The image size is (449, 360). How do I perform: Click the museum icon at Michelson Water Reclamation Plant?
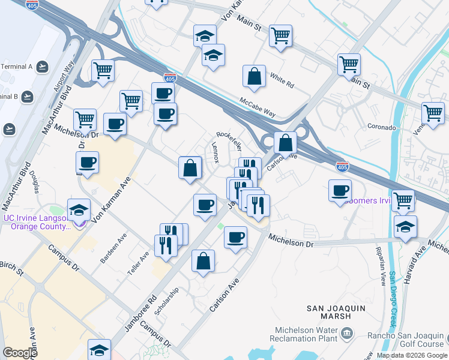[347, 332]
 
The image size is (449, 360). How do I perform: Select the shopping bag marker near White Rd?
[255, 77]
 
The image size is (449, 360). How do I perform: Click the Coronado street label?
[382, 127]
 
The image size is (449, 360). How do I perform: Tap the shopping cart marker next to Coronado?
[433, 113]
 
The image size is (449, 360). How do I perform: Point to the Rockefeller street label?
[229, 141]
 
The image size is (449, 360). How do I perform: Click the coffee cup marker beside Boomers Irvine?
[340, 190]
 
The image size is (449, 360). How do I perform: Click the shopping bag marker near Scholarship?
[203, 261]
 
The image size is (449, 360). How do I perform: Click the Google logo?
[20, 353]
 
